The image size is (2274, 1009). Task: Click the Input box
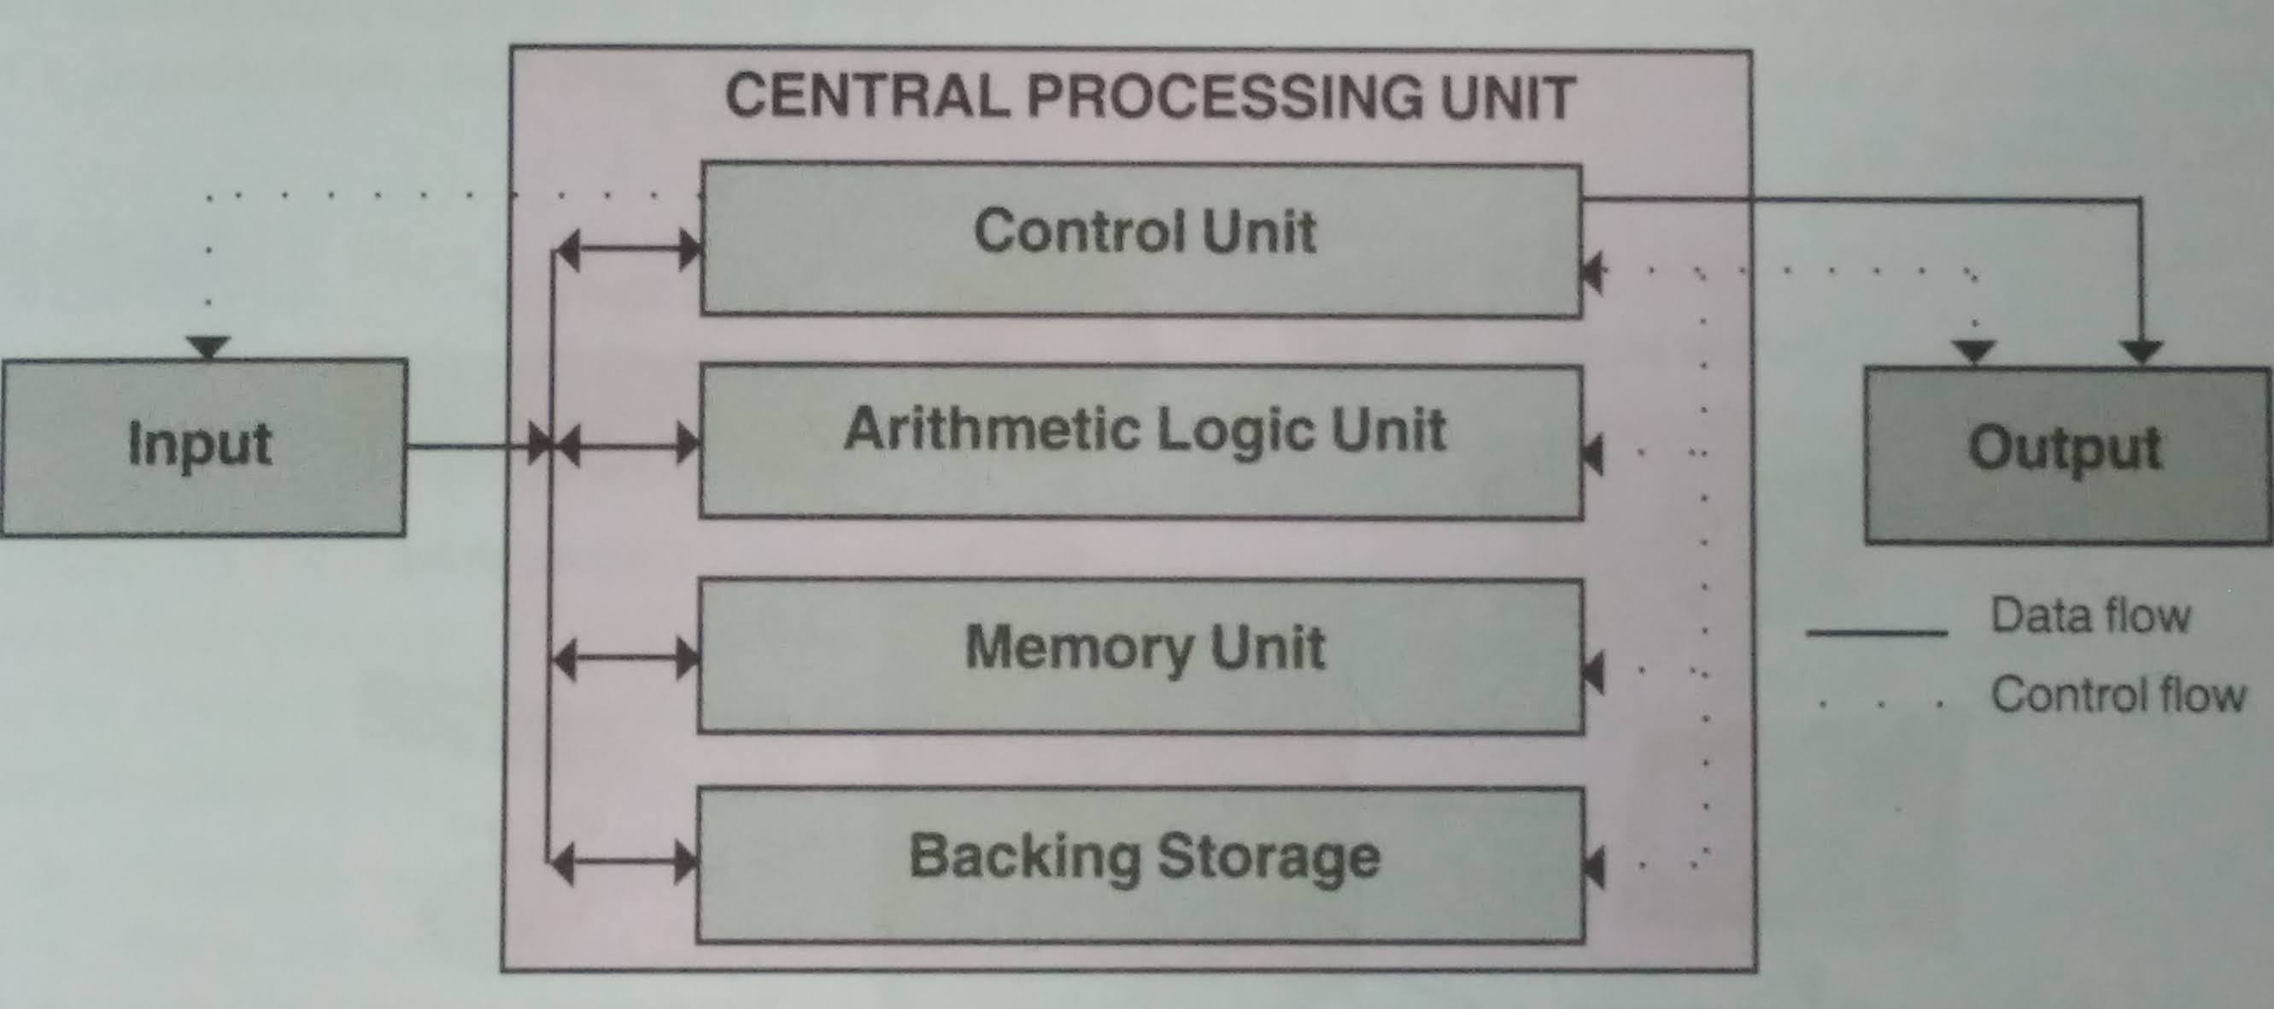pyautogui.click(x=203, y=447)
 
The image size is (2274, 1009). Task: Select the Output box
pyautogui.click(x=2066, y=454)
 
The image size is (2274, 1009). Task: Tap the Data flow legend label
pyautogui.click(x=2090, y=616)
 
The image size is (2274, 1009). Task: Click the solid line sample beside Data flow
pyautogui.click(x=1877, y=632)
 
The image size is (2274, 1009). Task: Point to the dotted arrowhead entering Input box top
pyautogui.click(x=208, y=346)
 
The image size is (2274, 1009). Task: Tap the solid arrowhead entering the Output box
pyautogui.click(x=2141, y=352)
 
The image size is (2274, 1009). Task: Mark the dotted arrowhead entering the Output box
pyautogui.click(x=1975, y=352)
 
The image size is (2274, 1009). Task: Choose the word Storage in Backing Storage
pyautogui.click(x=1269, y=856)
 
